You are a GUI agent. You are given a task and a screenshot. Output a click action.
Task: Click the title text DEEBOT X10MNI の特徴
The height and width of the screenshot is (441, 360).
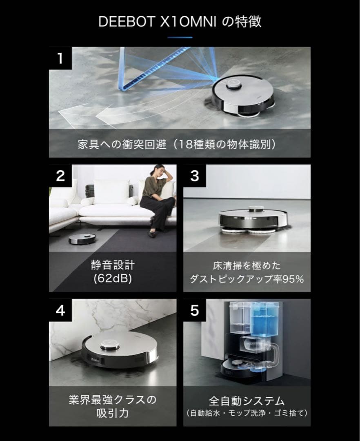coord(180,21)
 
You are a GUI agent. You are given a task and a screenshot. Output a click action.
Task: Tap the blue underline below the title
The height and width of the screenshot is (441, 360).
coord(180,37)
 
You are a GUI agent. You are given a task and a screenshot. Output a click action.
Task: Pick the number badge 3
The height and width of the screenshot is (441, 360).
coord(195,176)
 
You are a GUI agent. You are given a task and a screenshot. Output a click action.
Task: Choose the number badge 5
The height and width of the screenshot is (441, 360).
coord(195,310)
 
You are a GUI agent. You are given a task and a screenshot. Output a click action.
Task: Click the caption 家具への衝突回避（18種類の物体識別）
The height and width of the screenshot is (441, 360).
coord(180,145)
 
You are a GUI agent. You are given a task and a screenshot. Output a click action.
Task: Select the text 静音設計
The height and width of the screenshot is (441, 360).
coord(112,265)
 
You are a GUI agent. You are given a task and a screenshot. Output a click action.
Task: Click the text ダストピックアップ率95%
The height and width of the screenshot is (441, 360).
coord(247,279)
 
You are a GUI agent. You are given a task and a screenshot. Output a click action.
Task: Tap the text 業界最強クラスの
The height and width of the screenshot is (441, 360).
coord(112,399)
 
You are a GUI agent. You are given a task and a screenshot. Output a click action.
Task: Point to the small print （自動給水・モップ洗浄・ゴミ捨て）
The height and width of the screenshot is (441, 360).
coord(247,413)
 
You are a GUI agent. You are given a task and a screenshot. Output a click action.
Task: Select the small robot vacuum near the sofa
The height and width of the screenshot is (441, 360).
coord(82,239)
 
